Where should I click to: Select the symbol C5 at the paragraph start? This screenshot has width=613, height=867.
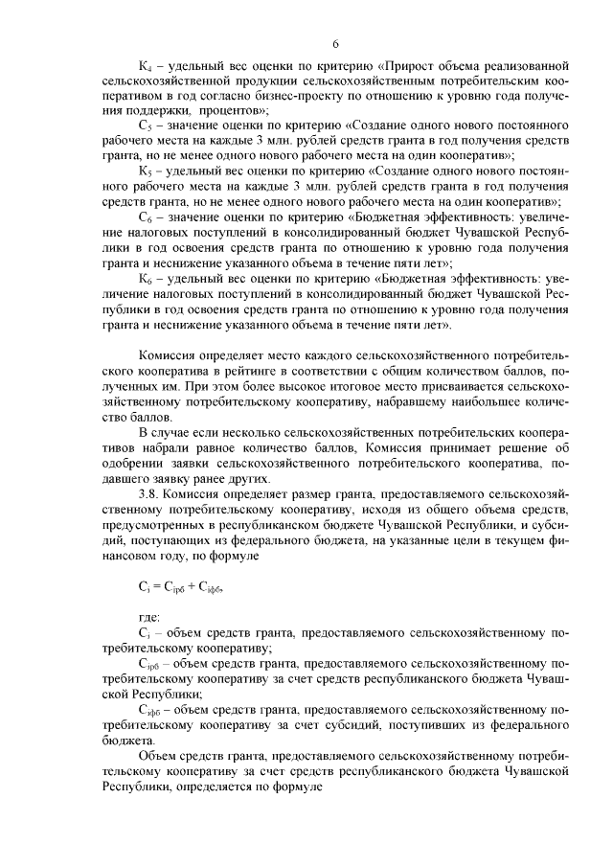(x=146, y=125)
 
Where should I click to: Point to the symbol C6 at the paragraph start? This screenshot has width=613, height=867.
(x=146, y=217)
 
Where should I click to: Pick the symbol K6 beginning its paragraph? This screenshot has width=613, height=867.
(x=146, y=279)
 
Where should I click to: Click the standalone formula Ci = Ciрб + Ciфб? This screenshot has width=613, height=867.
(x=180, y=589)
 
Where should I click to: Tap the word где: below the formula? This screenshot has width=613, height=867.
(x=150, y=618)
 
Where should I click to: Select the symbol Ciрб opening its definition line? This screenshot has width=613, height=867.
(x=150, y=664)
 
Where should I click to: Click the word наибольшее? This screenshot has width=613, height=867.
(x=483, y=402)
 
